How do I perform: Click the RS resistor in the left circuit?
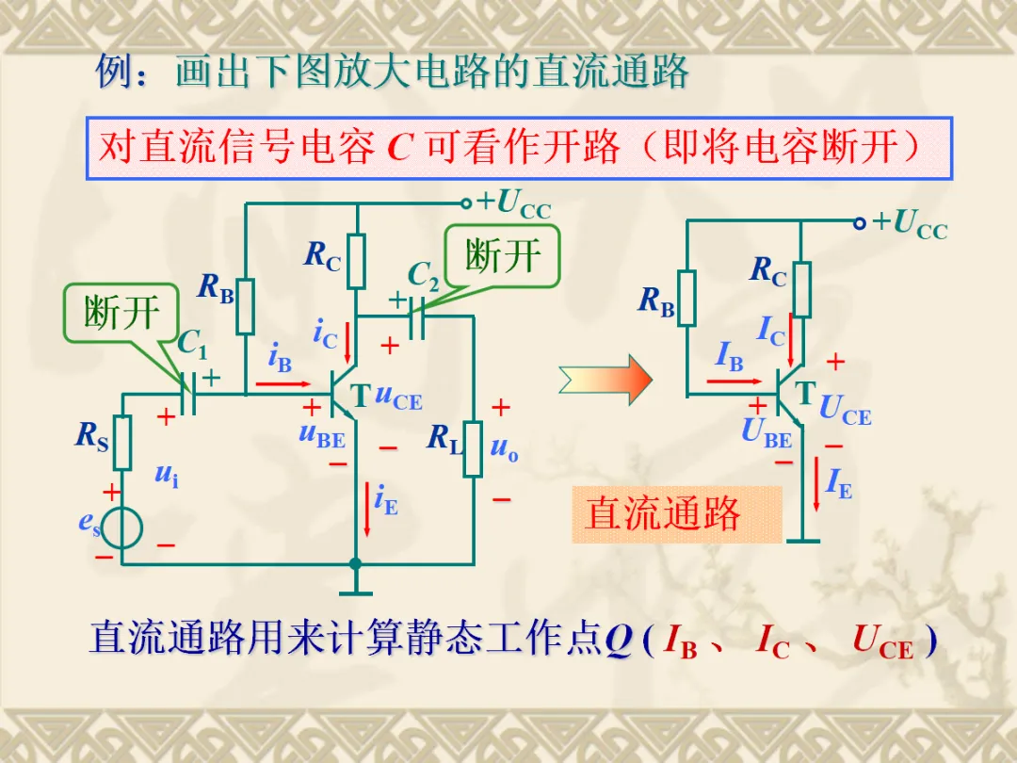click(122, 443)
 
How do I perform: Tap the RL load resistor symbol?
click(473, 449)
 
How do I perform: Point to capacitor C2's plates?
click(419, 317)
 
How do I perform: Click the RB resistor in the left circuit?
click(245, 306)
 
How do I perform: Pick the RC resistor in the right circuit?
click(800, 289)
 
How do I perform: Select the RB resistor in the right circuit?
click(686, 299)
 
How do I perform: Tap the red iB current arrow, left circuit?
click(282, 383)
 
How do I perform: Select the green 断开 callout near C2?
click(503, 254)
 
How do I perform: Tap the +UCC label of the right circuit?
click(909, 224)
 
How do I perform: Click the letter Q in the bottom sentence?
click(618, 641)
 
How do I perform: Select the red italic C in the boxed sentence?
click(401, 148)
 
